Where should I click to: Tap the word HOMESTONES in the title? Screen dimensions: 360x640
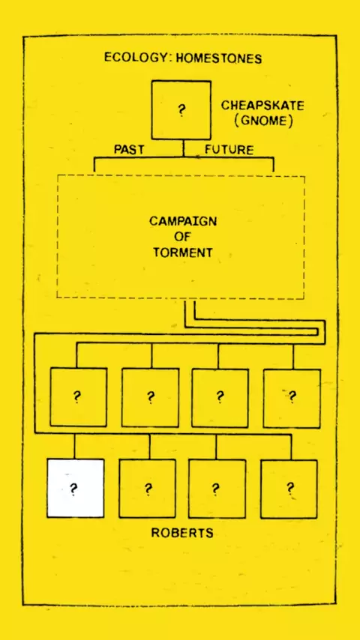[218, 58]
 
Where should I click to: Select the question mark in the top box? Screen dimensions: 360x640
[181, 111]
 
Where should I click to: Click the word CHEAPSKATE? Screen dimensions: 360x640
[262, 106]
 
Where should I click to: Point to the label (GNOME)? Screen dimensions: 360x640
[263, 122]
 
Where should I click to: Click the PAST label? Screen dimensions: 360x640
[129, 150]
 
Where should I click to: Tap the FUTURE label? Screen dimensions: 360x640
[229, 150]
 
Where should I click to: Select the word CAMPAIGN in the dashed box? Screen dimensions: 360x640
[183, 221]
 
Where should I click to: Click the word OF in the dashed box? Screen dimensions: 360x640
[183, 237]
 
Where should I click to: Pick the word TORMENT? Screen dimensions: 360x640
[183, 253]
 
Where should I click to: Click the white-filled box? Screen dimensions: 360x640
[75, 488]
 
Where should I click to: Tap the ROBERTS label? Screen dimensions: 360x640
[182, 533]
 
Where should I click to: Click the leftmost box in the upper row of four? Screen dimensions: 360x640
[79, 397]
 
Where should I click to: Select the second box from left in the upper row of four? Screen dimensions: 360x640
[150, 397]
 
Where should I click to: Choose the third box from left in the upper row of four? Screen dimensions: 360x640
[220, 398]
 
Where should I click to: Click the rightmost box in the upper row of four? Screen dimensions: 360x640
[292, 399]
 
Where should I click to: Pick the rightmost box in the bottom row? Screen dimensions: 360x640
[289, 489]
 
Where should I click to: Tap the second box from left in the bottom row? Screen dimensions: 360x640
[148, 489]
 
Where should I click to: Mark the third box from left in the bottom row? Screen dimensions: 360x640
[217, 489]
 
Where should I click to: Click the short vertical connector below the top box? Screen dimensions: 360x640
[184, 148]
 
